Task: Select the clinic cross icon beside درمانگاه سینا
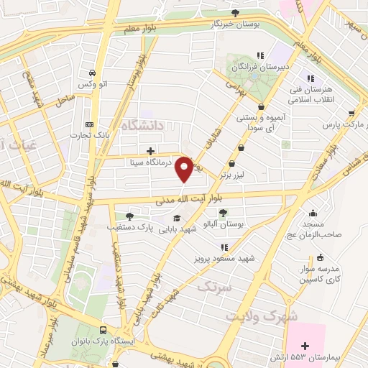(x=149, y=151)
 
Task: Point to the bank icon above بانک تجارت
(x=89, y=124)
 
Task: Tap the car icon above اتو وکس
(x=92, y=73)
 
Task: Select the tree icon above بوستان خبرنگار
(x=236, y=12)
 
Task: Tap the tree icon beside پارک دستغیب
(x=129, y=216)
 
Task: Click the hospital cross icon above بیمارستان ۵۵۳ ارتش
(x=305, y=346)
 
